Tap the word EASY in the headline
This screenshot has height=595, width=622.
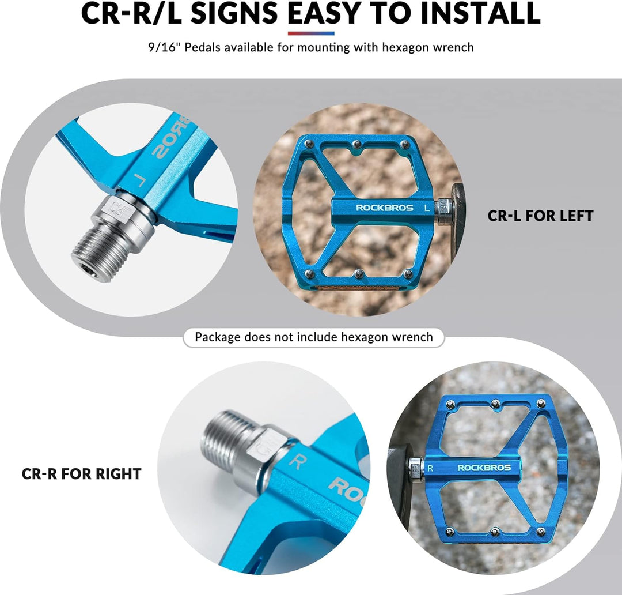(x=323, y=13)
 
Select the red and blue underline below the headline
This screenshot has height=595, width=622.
(x=311, y=33)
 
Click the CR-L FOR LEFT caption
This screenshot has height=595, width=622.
(x=540, y=216)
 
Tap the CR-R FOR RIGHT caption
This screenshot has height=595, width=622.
(x=81, y=474)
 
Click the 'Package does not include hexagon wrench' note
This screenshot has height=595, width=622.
(x=314, y=337)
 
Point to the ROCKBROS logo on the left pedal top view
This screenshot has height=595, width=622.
(x=384, y=208)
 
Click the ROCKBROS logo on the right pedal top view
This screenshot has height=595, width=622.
(x=484, y=468)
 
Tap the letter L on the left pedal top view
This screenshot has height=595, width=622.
(x=427, y=208)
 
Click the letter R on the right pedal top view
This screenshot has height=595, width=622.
(x=430, y=468)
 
